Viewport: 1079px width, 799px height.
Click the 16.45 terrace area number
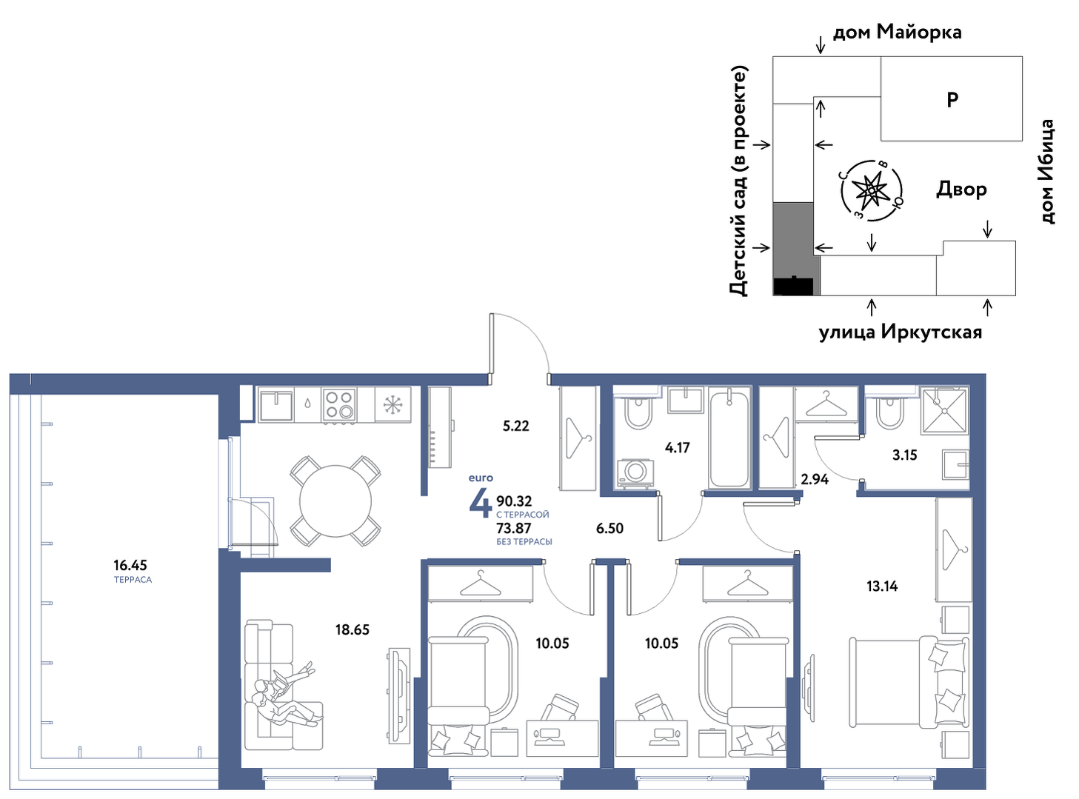pyautogui.click(x=130, y=565)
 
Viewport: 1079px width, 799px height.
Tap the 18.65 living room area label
pyautogui.click(x=353, y=629)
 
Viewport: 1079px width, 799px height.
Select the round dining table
pyautogui.click(x=335, y=501)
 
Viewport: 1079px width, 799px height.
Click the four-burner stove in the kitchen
pyautogui.click(x=339, y=405)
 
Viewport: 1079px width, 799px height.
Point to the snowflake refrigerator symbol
pyautogui.click(x=392, y=405)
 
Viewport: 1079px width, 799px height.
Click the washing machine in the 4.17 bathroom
pyautogui.click(x=635, y=472)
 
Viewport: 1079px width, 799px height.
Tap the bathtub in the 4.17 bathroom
pyautogui.click(x=729, y=439)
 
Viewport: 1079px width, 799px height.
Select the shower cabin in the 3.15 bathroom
pyautogui.click(x=944, y=410)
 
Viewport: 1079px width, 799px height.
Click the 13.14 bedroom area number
pyautogui.click(x=882, y=586)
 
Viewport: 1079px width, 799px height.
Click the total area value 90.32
pyautogui.click(x=514, y=501)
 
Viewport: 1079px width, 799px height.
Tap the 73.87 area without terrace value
pyautogui.click(x=513, y=528)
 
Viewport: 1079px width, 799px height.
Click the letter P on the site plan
pyautogui.click(x=952, y=99)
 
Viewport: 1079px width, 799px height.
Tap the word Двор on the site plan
pyautogui.click(x=961, y=190)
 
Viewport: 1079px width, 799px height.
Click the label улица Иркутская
pyautogui.click(x=901, y=332)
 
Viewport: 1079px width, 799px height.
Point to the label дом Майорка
pyautogui.click(x=898, y=33)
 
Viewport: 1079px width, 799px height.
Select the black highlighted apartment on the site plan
pyautogui.click(x=793, y=286)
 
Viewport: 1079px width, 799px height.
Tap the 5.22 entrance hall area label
pyautogui.click(x=515, y=426)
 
